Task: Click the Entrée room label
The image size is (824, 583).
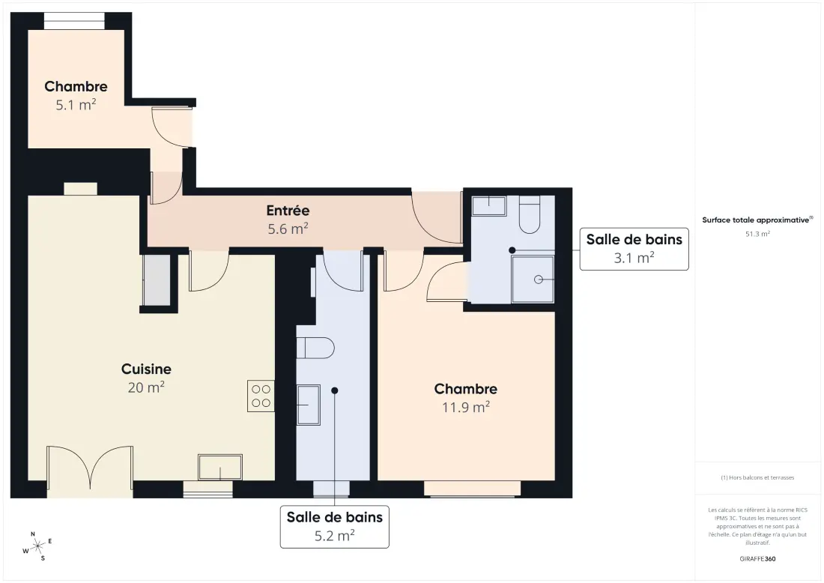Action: tap(288, 211)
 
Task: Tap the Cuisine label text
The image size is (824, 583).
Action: tap(146, 369)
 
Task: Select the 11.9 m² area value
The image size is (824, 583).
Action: tap(466, 407)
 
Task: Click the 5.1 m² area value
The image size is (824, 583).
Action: tap(76, 104)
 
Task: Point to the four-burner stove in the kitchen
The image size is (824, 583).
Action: tap(261, 396)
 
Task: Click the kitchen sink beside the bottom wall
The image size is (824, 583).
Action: tap(220, 467)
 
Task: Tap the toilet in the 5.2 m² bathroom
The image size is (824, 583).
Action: tap(315, 348)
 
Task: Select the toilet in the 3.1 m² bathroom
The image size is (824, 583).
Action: tap(530, 214)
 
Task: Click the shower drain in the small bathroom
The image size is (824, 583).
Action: tap(538, 280)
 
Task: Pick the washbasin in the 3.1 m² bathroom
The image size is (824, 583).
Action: tap(488, 205)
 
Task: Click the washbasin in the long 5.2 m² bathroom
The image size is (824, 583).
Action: tap(309, 405)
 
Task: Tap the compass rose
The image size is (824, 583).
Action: tap(37, 547)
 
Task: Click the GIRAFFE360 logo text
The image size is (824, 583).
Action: tap(757, 559)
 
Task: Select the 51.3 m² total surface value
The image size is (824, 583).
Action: tap(757, 234)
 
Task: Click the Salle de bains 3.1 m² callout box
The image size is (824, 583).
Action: tap(634, 250)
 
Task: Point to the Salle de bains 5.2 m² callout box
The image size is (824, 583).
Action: tap(335, 527)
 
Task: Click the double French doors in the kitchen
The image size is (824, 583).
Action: tap(90, 471)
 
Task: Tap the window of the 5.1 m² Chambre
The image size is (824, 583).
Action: tap(74, 21)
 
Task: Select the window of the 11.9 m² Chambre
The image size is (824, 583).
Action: tap(473, 489)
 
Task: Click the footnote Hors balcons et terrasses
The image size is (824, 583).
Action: tap(757, 477)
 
